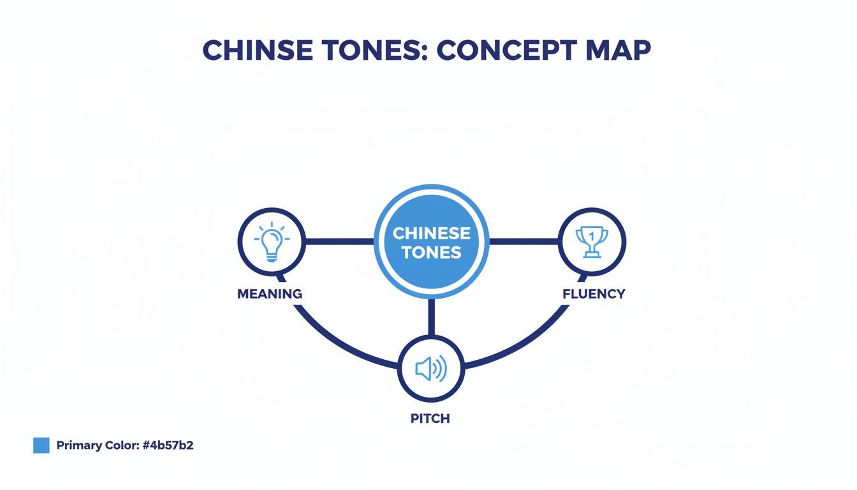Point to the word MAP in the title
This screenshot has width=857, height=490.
(619, 51)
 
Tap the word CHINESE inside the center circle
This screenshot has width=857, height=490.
(431, 233)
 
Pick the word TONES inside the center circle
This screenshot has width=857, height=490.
(431, 253)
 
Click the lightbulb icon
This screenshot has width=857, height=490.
(272, 242)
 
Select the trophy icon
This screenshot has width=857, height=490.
(592, 242)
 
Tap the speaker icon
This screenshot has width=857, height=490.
(431, 368)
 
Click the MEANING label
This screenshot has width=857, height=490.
(269, 294)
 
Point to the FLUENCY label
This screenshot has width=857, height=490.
(594, 294)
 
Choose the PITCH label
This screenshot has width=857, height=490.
(430, 419)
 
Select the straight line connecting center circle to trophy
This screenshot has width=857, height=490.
(523, 242)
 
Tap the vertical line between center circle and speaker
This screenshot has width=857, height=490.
(431, 317)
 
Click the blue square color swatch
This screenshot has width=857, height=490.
(41, 445)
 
